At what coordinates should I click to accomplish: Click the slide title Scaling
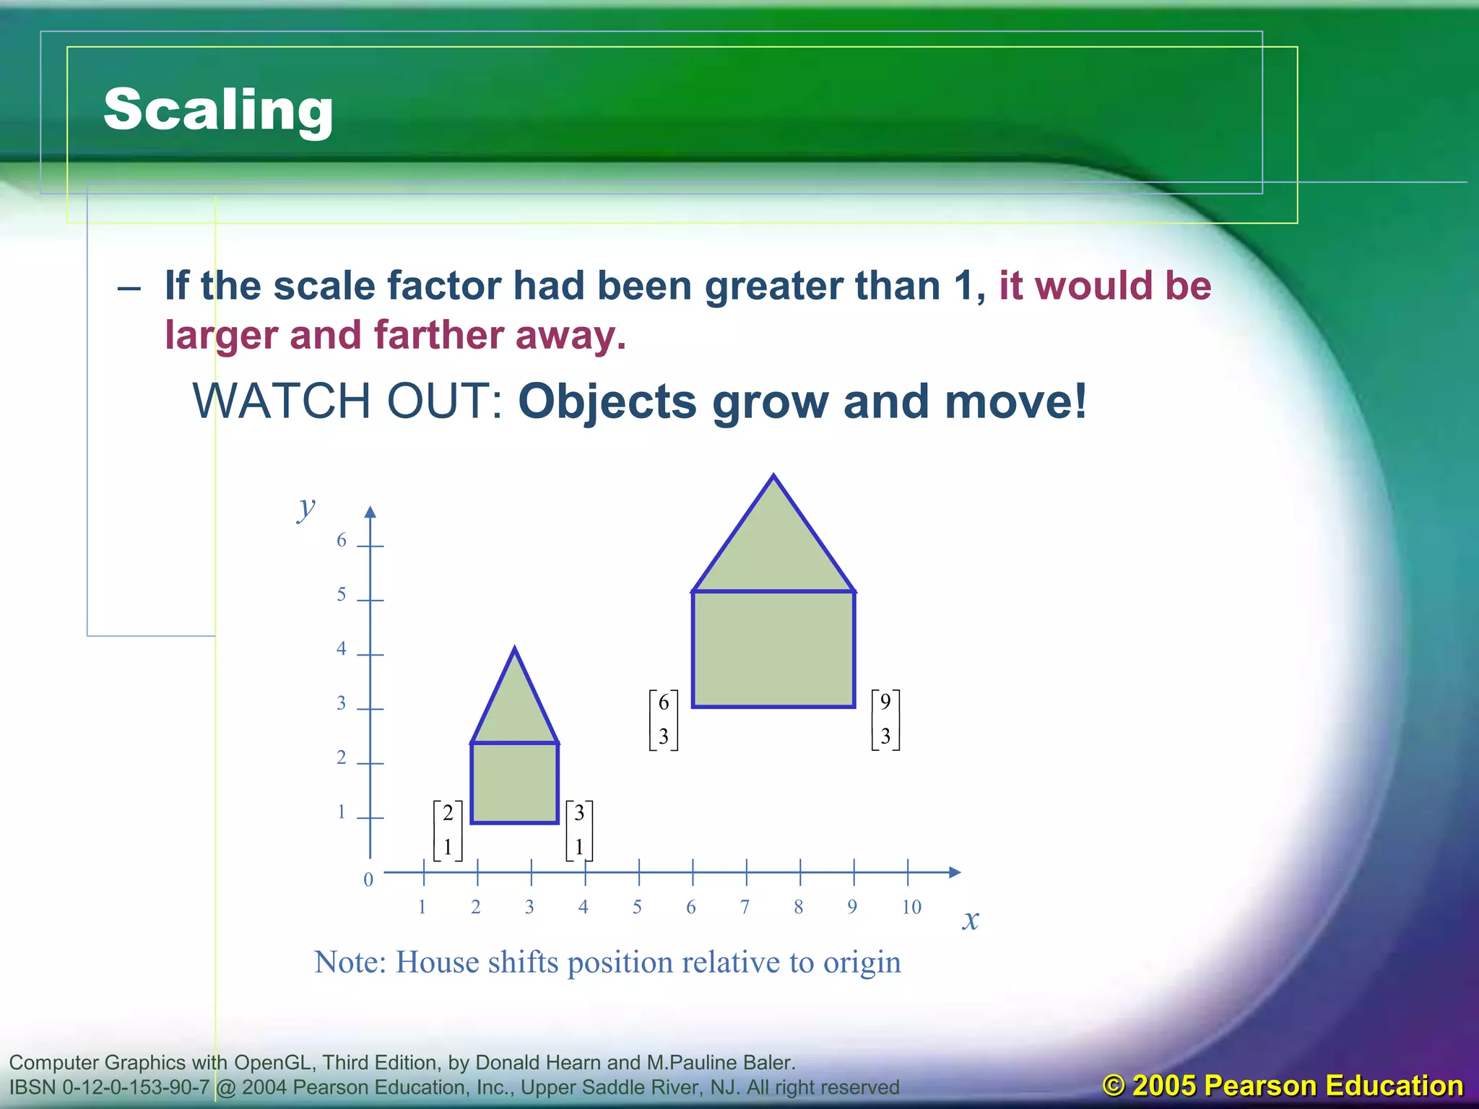click(x=218, y=109)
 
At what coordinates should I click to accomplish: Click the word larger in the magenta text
click(x=220, y=336)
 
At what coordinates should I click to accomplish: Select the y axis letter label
click(x=306, y=508)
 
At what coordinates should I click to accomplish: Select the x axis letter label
click(x=971, y=920)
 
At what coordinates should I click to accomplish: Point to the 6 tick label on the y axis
click(x=342, y=540)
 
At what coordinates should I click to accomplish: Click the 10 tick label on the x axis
click(x=911, y=908)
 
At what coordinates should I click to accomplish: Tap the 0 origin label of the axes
click(x=368, y=879)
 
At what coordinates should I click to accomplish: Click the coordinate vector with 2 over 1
click(x=448, y=830)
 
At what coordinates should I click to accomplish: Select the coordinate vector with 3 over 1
click(x=579, y=830)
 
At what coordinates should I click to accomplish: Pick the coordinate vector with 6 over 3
click(x=664, y=720)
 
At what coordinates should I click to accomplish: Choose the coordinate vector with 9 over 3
click(x=885, y=720)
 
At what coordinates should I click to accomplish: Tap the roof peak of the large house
click(x=774, y=479)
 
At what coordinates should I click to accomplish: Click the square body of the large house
click(x=773, y=648)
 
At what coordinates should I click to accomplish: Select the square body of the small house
click(x=515, y=783)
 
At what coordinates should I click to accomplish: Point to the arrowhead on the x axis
click(x=954, y=872)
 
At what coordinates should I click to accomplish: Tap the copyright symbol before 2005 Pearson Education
click(x=1114, y=1086)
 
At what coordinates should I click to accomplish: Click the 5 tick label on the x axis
click(x=637, y=908)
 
